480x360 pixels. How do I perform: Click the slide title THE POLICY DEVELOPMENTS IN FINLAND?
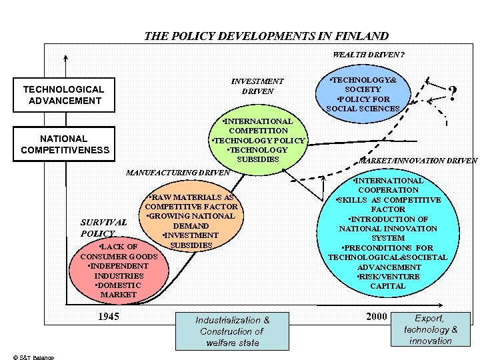tap(266, 36)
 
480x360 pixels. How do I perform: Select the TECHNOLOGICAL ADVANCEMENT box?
tap(63, 95)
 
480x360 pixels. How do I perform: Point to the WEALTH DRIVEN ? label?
tap(369, 55)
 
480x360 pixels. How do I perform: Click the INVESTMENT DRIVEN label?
tap(257, 86)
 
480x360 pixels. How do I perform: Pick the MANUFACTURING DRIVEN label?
tap(177, 173)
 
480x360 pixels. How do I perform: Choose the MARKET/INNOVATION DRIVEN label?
tap(418, 160)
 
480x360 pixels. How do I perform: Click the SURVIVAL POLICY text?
tap(103, 228)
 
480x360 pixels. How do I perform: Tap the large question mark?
tap(453, 94)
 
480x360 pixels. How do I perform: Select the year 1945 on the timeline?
tap(108, 316)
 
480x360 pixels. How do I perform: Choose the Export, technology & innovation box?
tap(431, 329)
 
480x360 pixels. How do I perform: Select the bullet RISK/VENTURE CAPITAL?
tap(387, 281)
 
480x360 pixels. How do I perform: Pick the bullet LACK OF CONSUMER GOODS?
tap(119, 251)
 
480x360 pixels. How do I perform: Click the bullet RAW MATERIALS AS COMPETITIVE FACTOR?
tap(191, 202)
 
